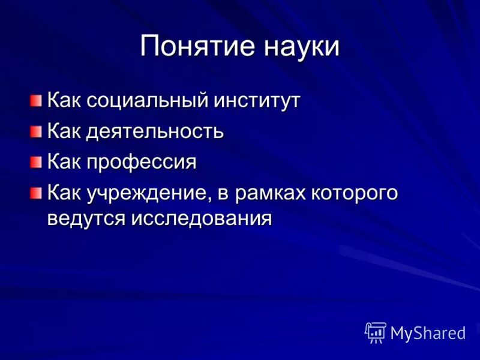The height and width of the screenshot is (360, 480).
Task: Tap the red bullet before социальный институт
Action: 37,100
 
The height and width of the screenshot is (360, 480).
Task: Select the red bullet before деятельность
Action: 37,131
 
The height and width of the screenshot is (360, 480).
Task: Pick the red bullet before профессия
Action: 37,162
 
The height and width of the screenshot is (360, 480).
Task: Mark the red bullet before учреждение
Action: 37,193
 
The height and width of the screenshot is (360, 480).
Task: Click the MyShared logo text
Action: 428,333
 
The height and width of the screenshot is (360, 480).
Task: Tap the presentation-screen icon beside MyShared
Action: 376,332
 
